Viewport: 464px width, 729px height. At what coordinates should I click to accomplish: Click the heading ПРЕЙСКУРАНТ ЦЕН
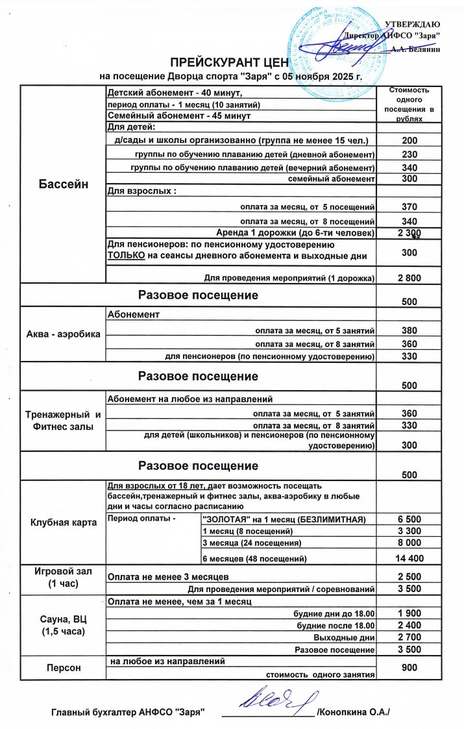coord(221,62)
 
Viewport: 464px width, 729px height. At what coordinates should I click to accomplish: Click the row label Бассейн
coord(64,184)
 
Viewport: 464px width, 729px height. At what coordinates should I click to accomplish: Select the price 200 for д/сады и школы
coord(409,140)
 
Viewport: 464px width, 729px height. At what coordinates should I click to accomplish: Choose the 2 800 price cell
coord(409,278)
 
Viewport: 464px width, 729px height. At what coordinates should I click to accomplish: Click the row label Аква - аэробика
coord(64,334)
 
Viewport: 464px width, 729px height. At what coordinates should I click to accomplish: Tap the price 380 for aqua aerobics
coord(409,330)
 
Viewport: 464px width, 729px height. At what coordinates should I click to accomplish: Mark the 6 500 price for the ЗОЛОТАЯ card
coord(409,519)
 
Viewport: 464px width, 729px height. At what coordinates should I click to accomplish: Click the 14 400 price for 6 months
coord(409,558)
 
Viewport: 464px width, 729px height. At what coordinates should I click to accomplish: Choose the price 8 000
coord(409,543)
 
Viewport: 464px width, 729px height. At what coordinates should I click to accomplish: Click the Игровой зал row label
coord(64,576)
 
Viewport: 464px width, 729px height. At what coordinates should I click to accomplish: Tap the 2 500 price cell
coord(409,576)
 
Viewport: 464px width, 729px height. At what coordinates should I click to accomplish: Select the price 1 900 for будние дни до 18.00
coord(409,613)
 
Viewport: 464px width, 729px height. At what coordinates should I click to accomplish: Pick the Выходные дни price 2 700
coord(409,637)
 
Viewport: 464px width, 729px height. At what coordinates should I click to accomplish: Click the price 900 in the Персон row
coord(409,668)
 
